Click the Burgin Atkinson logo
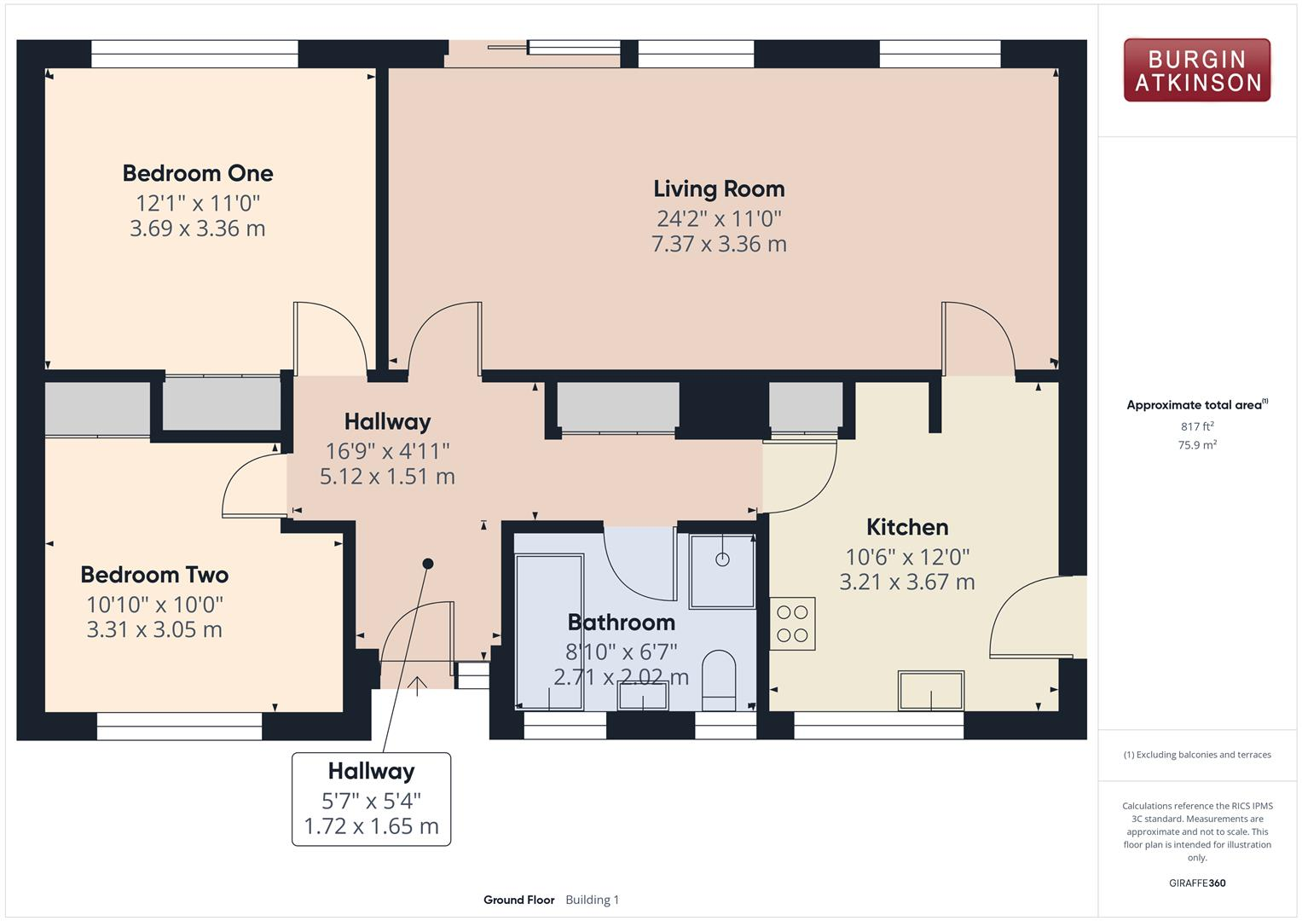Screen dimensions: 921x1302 click(x=1196, y=71)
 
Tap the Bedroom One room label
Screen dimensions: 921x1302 click(x=198, y=173)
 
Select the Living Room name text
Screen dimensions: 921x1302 click(x=719, y=188)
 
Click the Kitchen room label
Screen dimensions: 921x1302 click(x=907, y=527)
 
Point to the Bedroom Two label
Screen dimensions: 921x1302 click(x=154, y=575)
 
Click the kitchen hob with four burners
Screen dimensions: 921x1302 click(x=792, y=623)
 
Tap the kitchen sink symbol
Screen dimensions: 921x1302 click(x=930, y=690)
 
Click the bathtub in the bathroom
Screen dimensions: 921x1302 click(x=549, y=631)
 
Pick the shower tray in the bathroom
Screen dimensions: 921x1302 click(x=722, y=571)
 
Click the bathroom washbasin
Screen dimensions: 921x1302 click(x=643, y=696)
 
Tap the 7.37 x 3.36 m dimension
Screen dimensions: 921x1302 click(x=719, y=244)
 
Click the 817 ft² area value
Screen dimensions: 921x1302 click(x=1197, y=426)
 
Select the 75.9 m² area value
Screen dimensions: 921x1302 click(x=1197, y=445)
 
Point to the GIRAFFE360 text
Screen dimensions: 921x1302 click(x=1197, y=883)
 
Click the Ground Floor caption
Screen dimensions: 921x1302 click(x=518, y=900)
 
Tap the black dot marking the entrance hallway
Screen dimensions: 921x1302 click(x=428, y=564)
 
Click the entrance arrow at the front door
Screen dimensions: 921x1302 click(x=418, y=685)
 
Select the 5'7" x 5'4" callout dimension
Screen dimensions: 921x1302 click(x=371, y=801)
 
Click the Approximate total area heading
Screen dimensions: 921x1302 click(x=1195, y=405)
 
